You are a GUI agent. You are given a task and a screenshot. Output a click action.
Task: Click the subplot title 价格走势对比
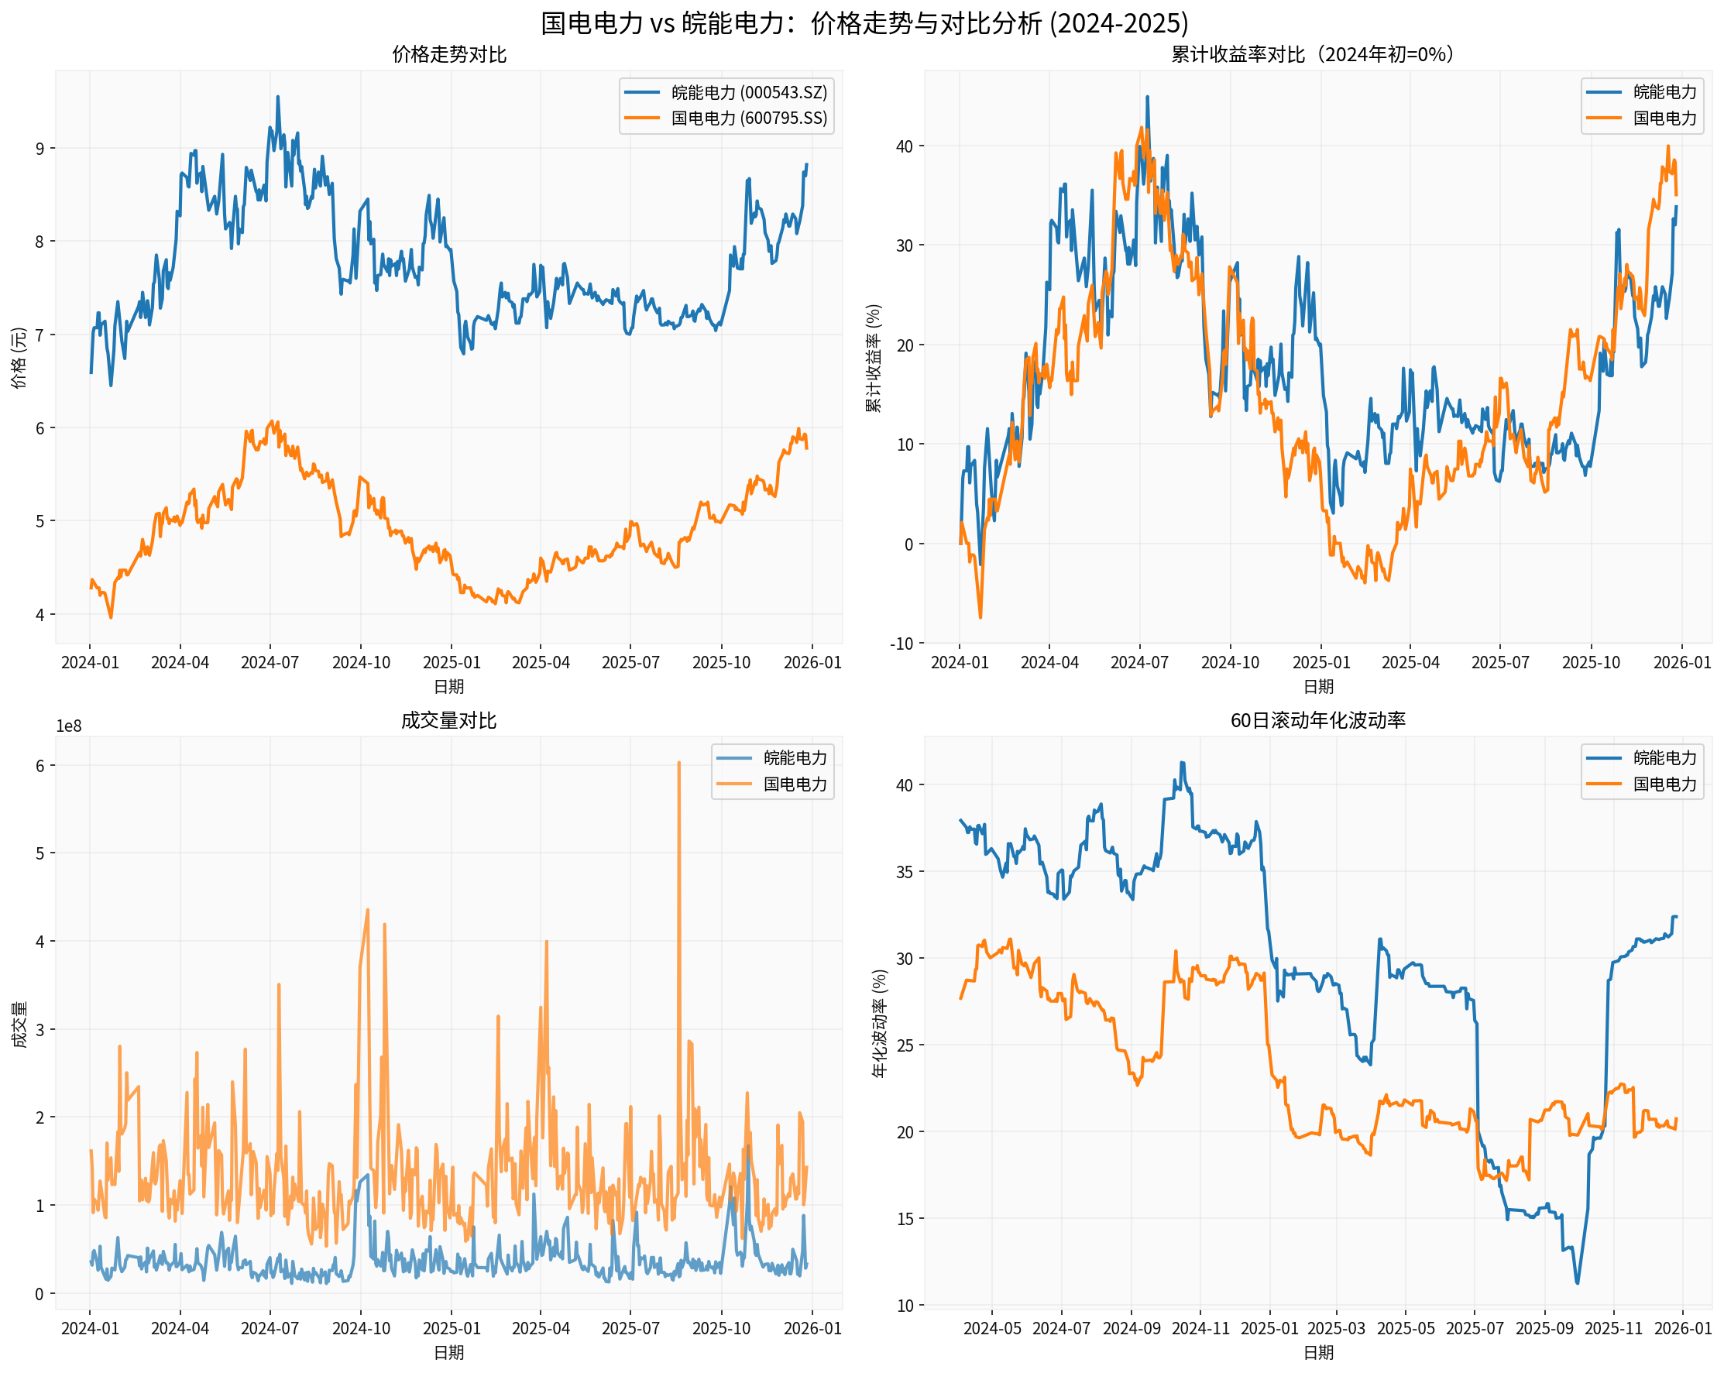[x=448, y=54]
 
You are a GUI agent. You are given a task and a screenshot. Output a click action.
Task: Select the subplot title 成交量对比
[x=448, y=720]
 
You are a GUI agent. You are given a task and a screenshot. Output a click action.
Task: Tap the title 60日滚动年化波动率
[x=1318, y=720]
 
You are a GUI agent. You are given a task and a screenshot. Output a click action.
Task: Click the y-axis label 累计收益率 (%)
[x=874, y=358]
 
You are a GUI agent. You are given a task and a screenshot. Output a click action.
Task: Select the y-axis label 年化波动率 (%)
[x=880, y=1024]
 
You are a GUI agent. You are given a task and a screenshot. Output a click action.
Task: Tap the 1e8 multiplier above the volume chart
[x=69, y=726]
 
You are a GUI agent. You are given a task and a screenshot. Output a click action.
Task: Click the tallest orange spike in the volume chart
[x=679, y=764]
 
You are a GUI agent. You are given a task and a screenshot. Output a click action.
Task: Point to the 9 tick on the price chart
[x=40, y=149]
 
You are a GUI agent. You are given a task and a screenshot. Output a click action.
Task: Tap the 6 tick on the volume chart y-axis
[x=40, y=765]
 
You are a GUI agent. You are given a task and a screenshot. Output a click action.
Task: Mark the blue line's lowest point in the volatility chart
[x=1578, y=1283]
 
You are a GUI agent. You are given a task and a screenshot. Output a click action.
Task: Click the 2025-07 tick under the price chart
[x=630, y=662]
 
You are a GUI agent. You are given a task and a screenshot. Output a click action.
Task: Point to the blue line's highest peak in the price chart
[x=277, y=97]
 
